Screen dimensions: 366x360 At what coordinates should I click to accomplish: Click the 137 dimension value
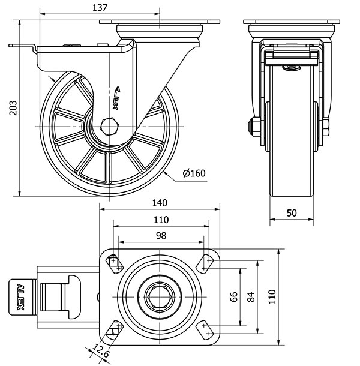[x=101, y=7]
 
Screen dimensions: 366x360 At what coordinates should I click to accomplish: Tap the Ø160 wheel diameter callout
[x=194, y=173]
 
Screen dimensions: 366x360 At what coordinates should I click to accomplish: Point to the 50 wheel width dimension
[x=291, y=213]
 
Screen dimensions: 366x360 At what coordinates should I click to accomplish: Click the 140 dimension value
[x=160, y=202]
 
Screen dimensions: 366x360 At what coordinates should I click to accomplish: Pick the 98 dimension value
[x=161, y=236]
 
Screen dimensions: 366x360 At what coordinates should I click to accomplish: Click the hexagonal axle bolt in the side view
[x=110, y=127]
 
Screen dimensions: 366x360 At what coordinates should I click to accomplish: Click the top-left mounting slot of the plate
[x=113, y=262]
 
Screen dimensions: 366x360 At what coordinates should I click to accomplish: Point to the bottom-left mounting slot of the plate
[x=113, y=329]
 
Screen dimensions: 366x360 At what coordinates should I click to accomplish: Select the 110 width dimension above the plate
[x=161, y=219]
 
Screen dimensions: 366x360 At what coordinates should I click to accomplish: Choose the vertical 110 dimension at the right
[x=271, y=295]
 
